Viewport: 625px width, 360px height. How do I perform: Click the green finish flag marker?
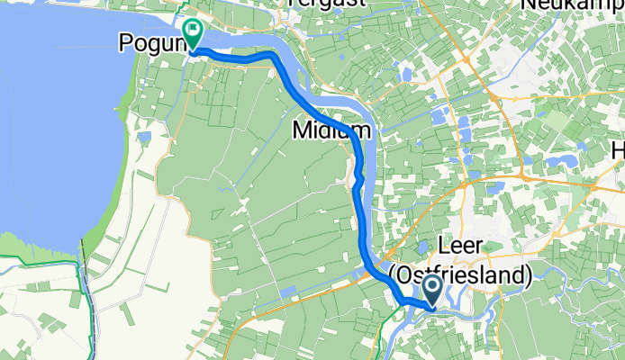click(x=192, y=33)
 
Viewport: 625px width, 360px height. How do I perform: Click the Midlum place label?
click(x=331, y=131)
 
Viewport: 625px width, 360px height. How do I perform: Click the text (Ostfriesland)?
click(x=461, y=273)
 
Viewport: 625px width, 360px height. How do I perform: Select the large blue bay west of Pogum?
click(x=54, y=135)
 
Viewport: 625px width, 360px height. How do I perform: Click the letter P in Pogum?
click(x=127, y=42)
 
